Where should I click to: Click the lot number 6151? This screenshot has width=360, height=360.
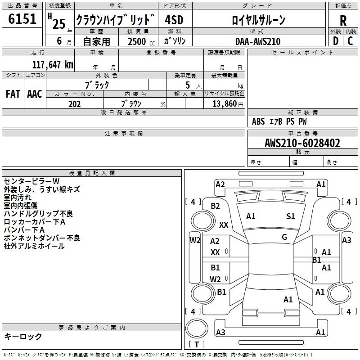pyautogui.click(x=22, y=19)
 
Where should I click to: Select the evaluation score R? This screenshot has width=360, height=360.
pyautogui.click(x=343, y=20)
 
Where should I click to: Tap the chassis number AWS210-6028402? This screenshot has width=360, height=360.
pyautogui.click(x=302, y=144)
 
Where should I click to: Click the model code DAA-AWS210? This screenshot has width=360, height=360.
pyautogui.click(x=258, y=41)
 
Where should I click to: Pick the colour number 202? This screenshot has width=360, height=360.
pyautogui.click(x=74, y=104)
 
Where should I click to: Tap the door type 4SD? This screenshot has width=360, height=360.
pyautogui.click(x=174, y=20)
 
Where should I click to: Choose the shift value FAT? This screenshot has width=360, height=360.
pyautogui.click(x=13, y=94)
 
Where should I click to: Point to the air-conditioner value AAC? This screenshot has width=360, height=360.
pyautogui.click(x=35, y=94)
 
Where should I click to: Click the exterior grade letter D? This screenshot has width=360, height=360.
pyautogui.click(x=335, y=41)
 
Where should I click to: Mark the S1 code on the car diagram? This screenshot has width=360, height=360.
pyautogui.click(x=291, y=216)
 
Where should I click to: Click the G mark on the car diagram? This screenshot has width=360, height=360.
pyautogui.click(x=284, y=237)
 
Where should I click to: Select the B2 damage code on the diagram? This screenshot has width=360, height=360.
pyautogui.click(x=216, y=206)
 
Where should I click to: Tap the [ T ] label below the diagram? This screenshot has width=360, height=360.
pyautogui.click(x=197, y=344)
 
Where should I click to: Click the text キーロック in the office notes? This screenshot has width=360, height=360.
pyautogui.click(x=23, y=337)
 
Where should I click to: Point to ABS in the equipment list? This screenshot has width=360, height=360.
pyautogui.click(x=258, y=121)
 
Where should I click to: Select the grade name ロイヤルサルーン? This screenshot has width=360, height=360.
pyautogui.click(x=258, y=20)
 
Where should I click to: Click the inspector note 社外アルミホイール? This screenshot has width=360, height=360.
pyautogui.click(x=35, y=246)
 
